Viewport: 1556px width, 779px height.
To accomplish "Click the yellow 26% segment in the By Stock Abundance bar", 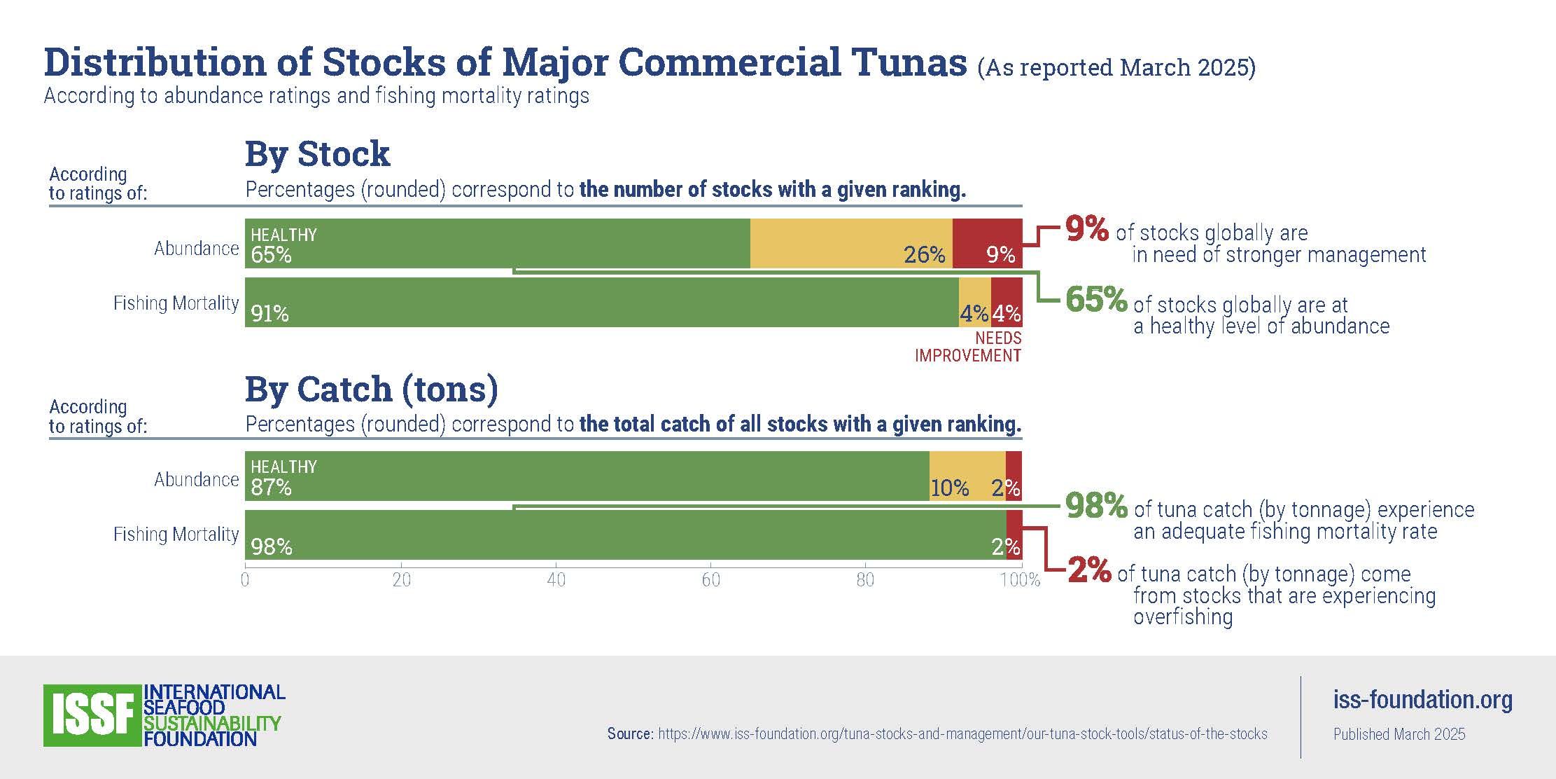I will pyautogui.click(x=850, y=243).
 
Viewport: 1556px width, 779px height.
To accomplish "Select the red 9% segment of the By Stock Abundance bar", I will pyautogui.click(x=987, y=243).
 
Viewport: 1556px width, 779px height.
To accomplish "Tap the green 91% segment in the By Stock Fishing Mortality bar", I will pyautogui.click(x=602, y=302).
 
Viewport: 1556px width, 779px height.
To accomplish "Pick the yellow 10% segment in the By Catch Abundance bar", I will pyautogui.click(x=967, y=476).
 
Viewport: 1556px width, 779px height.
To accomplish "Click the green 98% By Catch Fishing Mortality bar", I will pyautogui.click(x=625, y=535).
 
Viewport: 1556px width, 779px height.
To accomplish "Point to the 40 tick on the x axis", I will pyautogui.click(x=556, y=580).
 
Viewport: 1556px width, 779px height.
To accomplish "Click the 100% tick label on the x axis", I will pyautogui.click(x=1021, y=580).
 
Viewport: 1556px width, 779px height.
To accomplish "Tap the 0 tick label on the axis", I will pyautogui.click(x=245, y=580).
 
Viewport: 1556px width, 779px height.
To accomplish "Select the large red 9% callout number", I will pyautogui.click(x=1087, y=229).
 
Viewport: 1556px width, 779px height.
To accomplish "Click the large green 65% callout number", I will pyautogui.click(x=1096, y=300).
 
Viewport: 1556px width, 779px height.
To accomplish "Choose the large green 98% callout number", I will pyautogui.click(x=1096, y=505).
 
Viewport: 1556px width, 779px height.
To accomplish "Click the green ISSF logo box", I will pyautogui.click(x=92, y=715).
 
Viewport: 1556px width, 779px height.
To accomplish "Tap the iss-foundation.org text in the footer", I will pyautogui.click(x=1422, y=699).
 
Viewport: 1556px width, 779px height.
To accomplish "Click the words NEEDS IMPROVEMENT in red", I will pyautogui.click(x=968, y=347).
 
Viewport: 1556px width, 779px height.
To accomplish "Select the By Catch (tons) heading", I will pyautogui.click(x=372, y=389).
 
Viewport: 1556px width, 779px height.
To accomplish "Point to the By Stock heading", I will pyautogui.click(x=317, y=153).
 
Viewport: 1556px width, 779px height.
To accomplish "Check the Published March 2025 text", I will pyautogui.click(x=1399, y=734).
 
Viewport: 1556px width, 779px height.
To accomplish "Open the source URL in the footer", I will pyautogui.click(x=962, y=734).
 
